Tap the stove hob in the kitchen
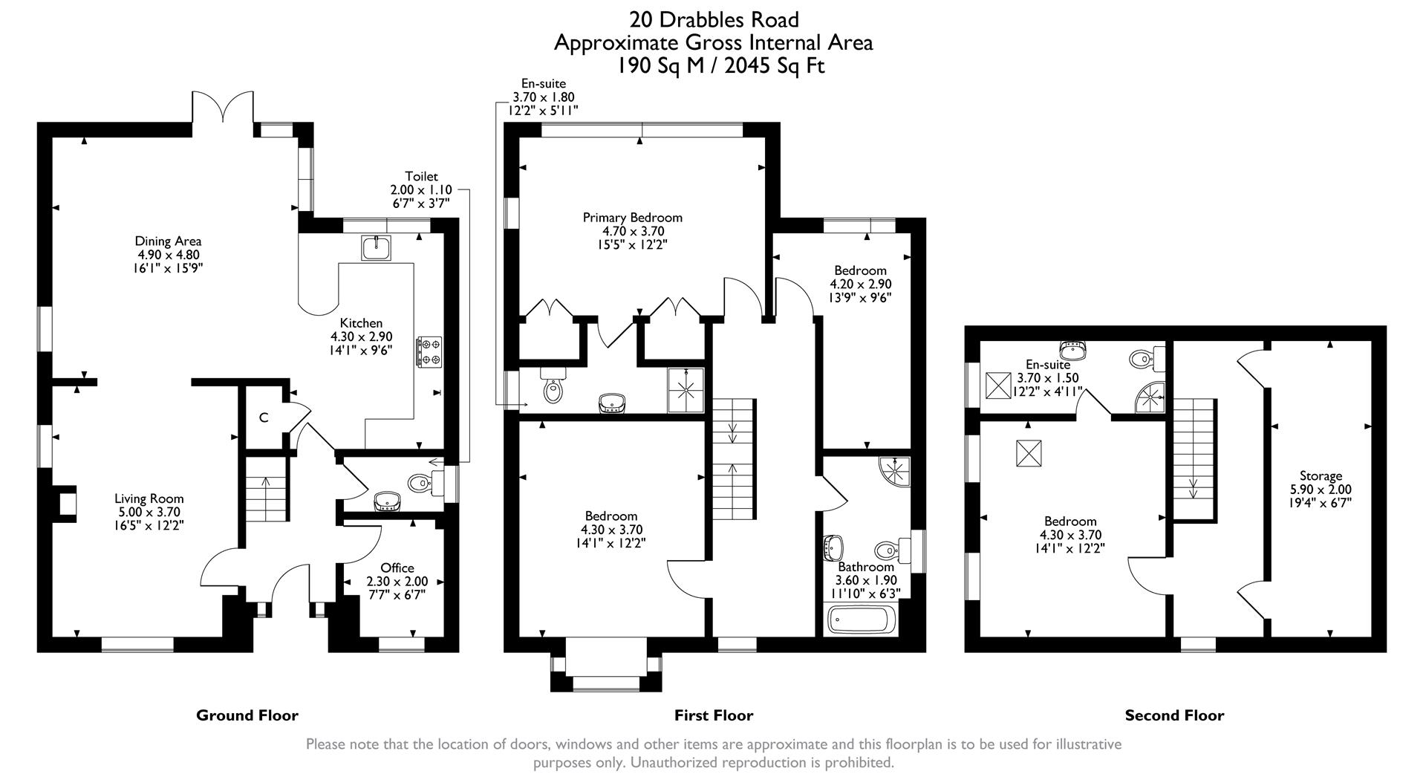(430, 351)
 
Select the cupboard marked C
(263, 417)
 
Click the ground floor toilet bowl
(420, 484)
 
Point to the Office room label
(397, 568)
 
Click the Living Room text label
(149, 499)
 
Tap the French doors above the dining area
(223, 108)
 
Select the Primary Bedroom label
(632, 218)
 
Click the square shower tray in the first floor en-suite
(685, 390)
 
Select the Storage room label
(1321, 476)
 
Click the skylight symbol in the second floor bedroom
(1029, 452)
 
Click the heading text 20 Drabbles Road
(714, 19)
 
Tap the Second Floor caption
(1174, 715)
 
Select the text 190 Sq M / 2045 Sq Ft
(720, 66)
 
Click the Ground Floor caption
(247, 715)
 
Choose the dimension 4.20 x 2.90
(860, 284)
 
